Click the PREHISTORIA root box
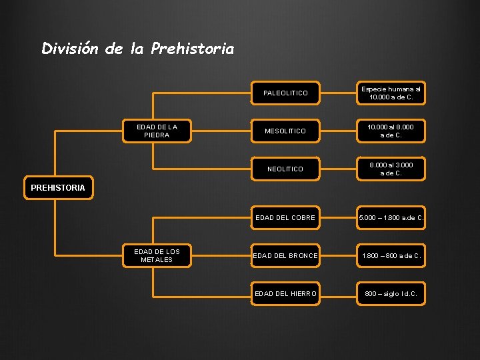(x=58, y=187)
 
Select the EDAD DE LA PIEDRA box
(x=157, y=131)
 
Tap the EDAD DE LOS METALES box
(x=157, y=255)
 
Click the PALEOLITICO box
(x=285, y=93)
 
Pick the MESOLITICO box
(x=285, y=131)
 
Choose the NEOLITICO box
(x=285, y=169)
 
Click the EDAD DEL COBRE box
(x=285, y=217)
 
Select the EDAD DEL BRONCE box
(x=285, y=255)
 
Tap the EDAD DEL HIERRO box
(x=285, y=293)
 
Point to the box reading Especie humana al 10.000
(x=391, y=93)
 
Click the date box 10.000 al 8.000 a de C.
(x=391, y=131)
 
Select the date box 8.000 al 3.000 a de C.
(x=391, y=169)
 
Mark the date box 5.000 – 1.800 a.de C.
(x=391, y=217)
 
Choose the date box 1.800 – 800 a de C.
(x=391, y=255)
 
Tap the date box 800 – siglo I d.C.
(x=391, y=293)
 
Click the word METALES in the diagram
(x=157, y=260)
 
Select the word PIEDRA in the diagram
(x=157, y=135)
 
